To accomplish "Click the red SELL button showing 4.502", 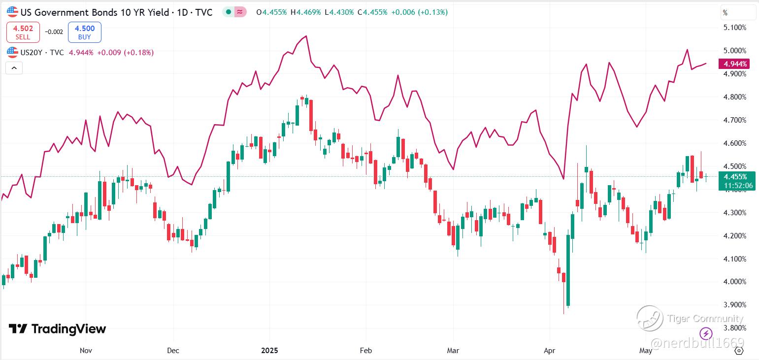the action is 23,32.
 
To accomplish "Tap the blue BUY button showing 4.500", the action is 84,32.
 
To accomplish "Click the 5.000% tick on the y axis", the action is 734,50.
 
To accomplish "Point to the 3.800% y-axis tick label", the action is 734,328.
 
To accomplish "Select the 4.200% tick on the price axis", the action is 734,236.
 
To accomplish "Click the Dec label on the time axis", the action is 173,351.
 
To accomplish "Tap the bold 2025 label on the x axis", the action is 269,351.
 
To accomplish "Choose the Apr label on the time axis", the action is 549,351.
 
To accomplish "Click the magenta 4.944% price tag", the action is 734,64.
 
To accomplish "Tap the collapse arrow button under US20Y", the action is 14,68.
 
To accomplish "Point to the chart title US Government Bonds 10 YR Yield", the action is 95,12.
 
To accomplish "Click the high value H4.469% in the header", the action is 306,12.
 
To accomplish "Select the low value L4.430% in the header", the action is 339,12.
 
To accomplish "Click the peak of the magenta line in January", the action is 306,36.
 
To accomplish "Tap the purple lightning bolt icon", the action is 706,333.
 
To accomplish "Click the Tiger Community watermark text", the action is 705,318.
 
